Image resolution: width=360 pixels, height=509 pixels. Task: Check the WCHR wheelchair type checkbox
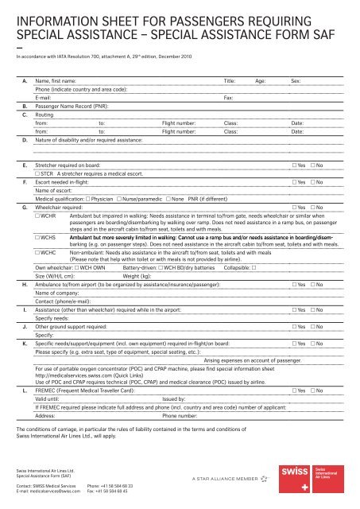(40, 216)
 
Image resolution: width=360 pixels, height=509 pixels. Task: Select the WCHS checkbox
(40, 237)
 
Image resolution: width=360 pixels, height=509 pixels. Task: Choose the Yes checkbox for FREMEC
(295, 392)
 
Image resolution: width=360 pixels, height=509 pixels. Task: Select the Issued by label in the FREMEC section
(175, 400)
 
